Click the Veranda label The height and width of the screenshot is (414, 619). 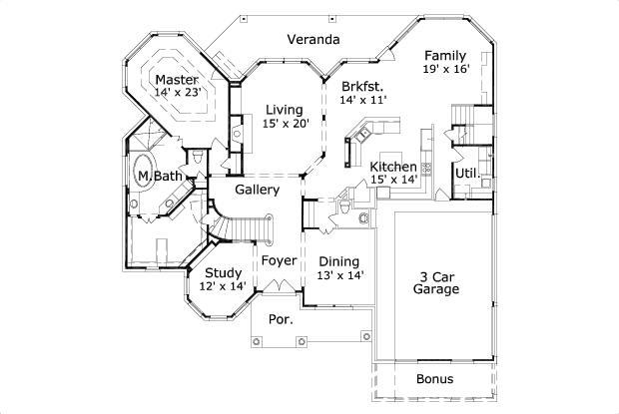click(x=313, y=40)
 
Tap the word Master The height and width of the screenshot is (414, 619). click(x=176, y=80)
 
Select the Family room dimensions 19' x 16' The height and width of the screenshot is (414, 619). click(x=444, y=70)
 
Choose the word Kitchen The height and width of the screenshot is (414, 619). click(x=392, y=167)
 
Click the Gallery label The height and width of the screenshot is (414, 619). click(x=257, y=189)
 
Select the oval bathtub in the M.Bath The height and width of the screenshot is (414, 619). click(x=146, y=174)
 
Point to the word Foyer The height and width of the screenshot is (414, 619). click(x=279, y=260)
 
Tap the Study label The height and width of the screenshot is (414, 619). click(x=222, y=272)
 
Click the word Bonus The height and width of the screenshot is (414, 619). click(x=434, y=379)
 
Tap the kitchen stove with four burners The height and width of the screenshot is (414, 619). click(x=425, y=169)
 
